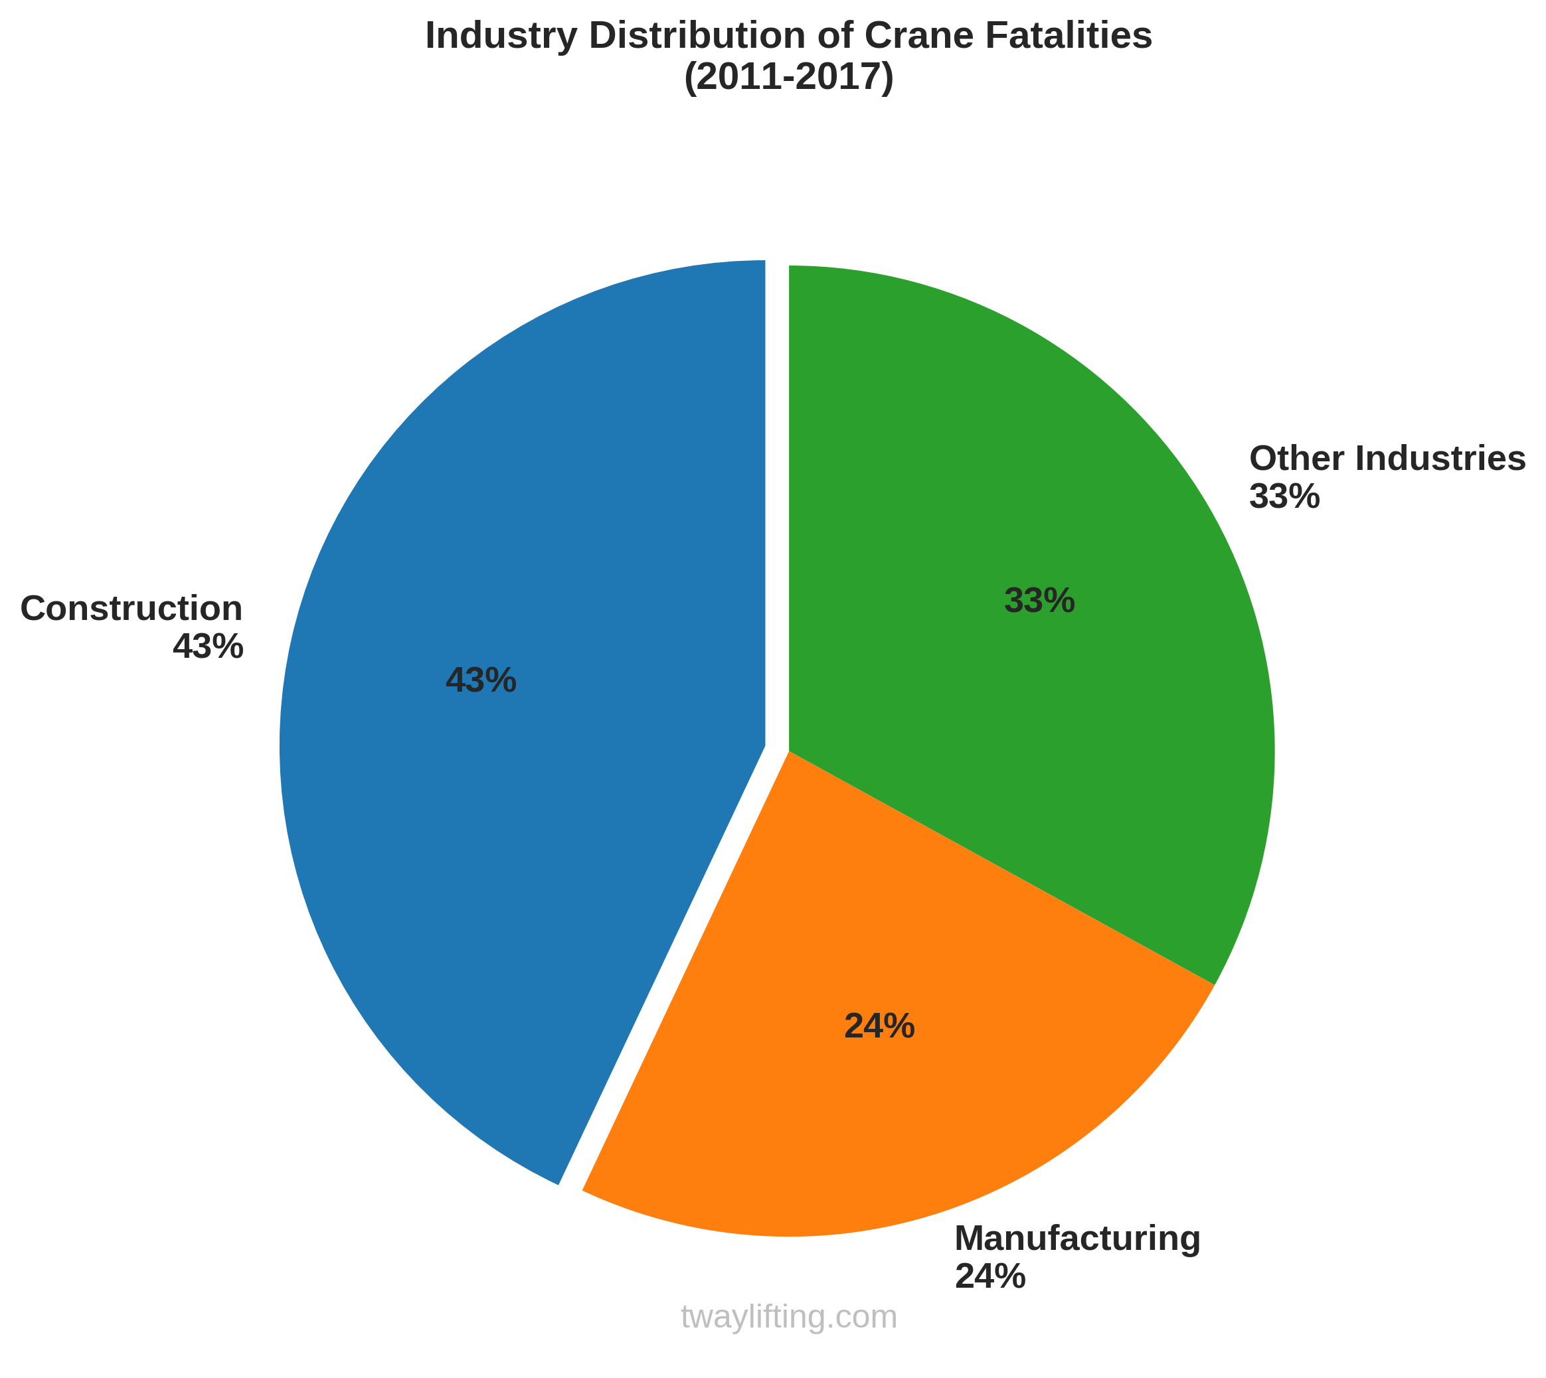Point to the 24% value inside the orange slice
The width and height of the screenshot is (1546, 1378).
pos(879,1028)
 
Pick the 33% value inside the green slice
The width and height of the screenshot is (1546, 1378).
pos(1039,601)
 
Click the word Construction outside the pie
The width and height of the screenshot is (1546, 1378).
pos(131,609)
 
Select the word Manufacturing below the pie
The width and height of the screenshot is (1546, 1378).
pos(1077,1239)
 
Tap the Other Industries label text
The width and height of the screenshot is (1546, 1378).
pos(1387,459)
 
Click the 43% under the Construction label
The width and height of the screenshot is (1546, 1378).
pos(208,647)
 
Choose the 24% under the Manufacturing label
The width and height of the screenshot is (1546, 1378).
pos(990,1276)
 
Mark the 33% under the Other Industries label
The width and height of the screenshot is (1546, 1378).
pos(1284,497)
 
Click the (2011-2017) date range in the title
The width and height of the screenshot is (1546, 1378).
pos(788,78)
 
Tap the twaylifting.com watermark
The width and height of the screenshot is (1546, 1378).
pos(788,1318)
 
